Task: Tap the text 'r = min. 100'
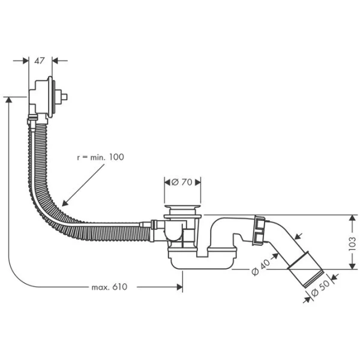(100, 157)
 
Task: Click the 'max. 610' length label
(110, 287)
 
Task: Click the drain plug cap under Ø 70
(182, 210)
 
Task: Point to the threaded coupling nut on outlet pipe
(260, 230)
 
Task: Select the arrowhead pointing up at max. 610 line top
(8, 101)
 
